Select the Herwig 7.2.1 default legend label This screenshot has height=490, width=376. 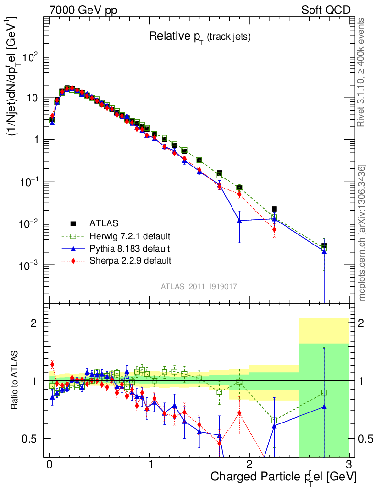click(x=130, y=236)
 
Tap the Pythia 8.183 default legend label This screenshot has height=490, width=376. click(x=130, y=249)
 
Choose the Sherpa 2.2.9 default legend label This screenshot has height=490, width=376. click(x=131, y=261)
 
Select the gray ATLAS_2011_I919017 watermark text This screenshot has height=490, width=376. click(x=199, y=286)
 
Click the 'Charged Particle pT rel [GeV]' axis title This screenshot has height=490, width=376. click(x=283, y=477)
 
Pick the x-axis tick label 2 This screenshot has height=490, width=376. click(x=249, y=464)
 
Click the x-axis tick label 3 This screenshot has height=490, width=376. click(x=349, y=464)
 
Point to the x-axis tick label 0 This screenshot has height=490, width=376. click(x=50, y=464)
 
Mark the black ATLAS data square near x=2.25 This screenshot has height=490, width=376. click(x=274, y=209)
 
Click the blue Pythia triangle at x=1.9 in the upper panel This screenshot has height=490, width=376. click(x=239, y=221)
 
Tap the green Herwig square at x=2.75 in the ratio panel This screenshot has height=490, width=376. click(x=324, y=392)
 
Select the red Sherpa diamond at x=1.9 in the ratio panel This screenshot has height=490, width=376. click(x=239, y=413)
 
